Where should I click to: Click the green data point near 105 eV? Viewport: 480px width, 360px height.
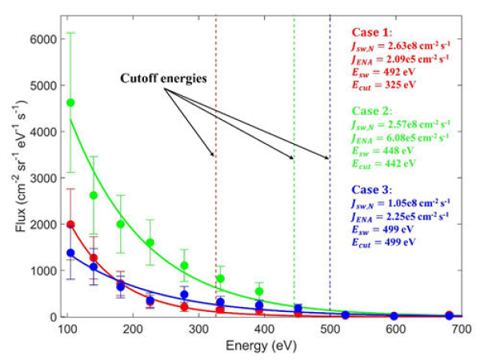click(x=70, y=102)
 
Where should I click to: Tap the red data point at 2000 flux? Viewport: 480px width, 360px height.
click(x=70, y=225)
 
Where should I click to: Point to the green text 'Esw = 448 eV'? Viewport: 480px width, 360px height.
click(x=384, y=150)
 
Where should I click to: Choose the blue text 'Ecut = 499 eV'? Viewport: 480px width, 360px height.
click(x=384, y=242)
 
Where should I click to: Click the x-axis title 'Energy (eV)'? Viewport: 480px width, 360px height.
click(x=263, y=346)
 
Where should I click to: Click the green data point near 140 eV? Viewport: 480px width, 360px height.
click(x=94, y=195)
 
